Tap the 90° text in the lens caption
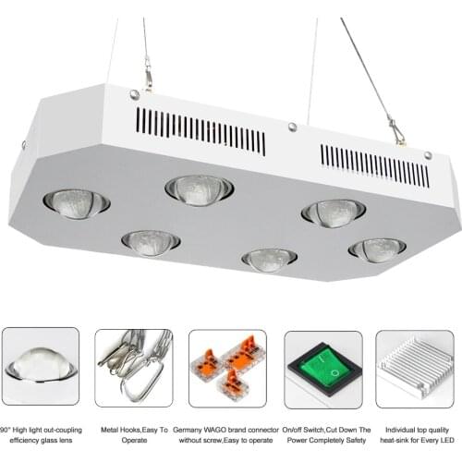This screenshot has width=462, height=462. tap(6, 430)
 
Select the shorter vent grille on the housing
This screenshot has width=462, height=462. tap(374, 164)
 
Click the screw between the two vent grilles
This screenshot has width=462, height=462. tap(292, 128)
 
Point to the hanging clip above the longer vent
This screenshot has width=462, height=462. tap(146, 72)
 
